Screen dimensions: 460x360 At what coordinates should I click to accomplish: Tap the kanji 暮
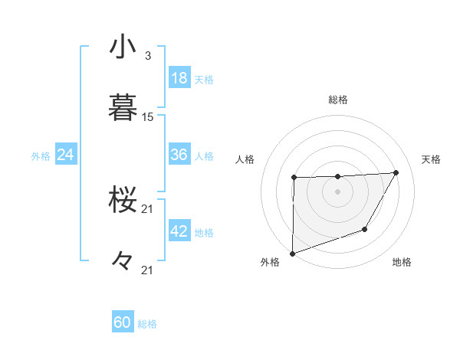[x=123, y=107]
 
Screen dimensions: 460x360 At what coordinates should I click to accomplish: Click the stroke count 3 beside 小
[x=147, y=56]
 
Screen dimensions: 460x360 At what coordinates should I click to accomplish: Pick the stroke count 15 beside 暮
[x=148, y=117]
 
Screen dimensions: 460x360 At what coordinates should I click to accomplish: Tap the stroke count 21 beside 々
[x=148, y=270]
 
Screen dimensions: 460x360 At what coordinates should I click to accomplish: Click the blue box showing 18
[x=179, y=78]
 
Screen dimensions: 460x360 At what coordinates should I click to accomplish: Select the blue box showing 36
[x=179, y=155]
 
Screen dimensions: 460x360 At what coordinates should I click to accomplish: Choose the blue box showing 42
[x=179, y=231]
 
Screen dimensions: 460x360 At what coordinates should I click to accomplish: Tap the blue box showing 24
[x=66, y=155]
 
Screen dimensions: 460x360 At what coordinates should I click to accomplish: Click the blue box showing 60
[x=123, y=322]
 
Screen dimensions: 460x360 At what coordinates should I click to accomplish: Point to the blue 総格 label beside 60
[x=147, y=324]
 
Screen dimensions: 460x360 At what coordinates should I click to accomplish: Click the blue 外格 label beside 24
[x=41, y=156]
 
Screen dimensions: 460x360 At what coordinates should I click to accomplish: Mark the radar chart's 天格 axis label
[x=432, y=159]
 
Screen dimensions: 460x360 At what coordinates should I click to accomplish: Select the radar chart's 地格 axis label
[x=402, y=263]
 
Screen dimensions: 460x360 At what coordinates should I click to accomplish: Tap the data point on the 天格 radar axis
[x=396, y=172]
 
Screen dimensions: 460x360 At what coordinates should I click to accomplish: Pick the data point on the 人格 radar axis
[x=294, y=178]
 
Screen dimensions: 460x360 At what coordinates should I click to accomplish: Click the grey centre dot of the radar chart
[x=337, y=191]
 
